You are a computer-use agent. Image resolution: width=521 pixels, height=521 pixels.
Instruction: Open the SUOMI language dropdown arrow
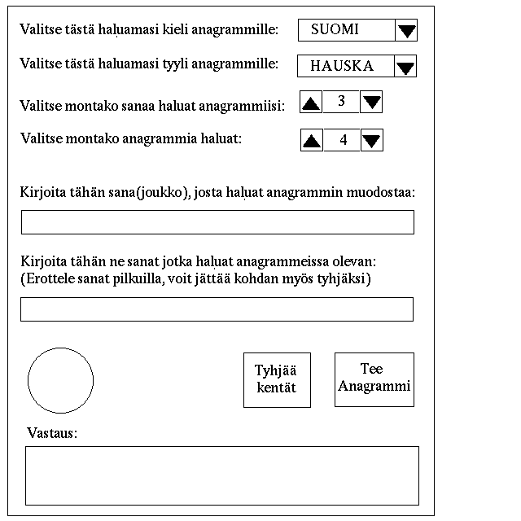click(x=407, y=31)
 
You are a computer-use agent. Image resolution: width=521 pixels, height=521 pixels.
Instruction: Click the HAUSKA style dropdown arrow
click(x=405, y=66)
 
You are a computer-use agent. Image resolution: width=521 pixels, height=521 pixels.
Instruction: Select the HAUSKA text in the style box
click(x=342, y=66)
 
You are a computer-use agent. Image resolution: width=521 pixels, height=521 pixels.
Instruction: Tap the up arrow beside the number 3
click(x=312, y=103)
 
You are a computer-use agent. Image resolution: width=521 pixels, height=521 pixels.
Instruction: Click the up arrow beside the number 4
click(x=312, y=141)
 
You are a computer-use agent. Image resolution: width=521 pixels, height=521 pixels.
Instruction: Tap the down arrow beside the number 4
click(x=371, y=141)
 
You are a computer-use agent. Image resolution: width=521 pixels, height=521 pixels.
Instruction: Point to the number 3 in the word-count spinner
click(x=341, y=102)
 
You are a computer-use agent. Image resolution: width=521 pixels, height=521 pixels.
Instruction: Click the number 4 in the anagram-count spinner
click(x=343, y=140)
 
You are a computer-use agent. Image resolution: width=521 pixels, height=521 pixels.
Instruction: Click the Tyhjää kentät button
click(x=276, y=380)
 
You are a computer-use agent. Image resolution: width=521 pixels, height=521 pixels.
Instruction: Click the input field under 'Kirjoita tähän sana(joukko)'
click(x=217, y=222)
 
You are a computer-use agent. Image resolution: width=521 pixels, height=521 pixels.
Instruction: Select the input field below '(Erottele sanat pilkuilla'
click(x=217, y=309)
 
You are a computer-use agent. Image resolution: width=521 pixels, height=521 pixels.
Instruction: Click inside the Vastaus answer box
click(x=222, y=475)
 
